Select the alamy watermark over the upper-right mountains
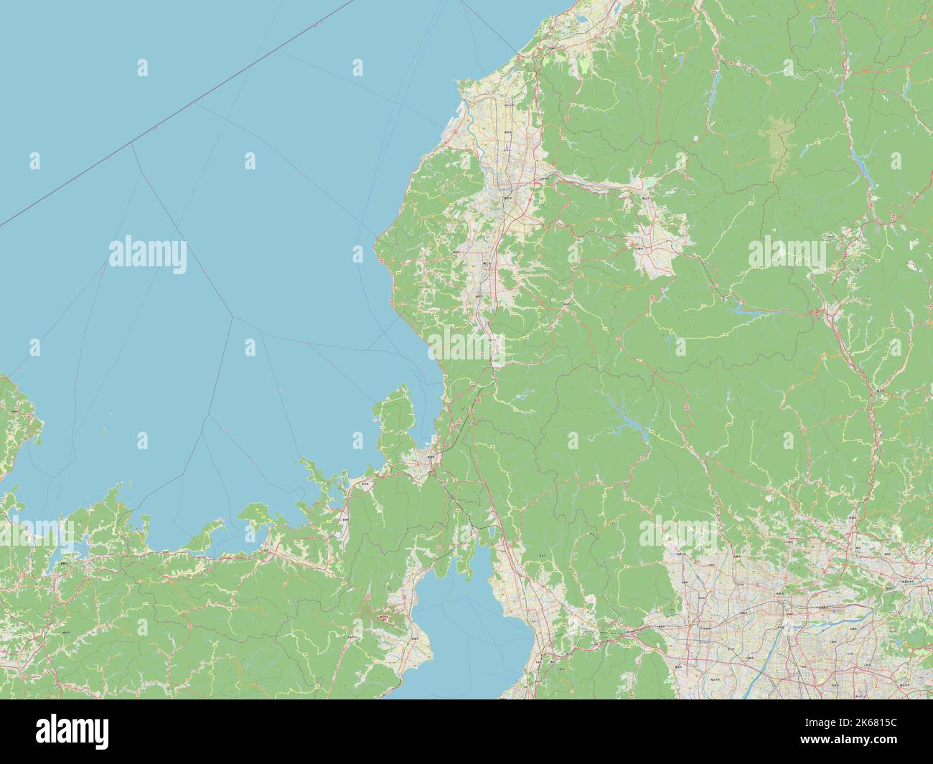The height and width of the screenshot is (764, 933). click(x=787, y=253)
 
